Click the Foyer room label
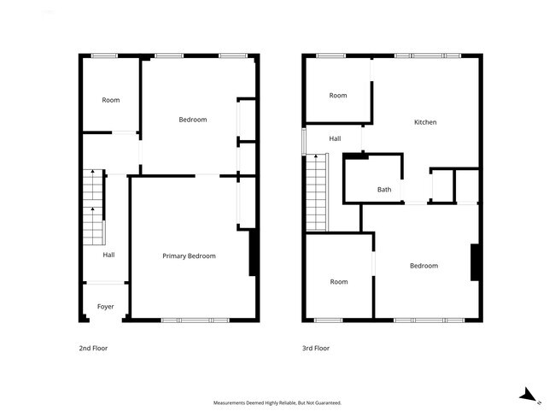pos(105,306)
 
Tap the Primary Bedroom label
pos(189,255)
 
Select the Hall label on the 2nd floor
pos(108,255)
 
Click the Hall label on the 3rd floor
pos(335,138)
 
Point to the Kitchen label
pos(425,122)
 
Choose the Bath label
pos(384,190)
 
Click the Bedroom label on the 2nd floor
pos(192,120)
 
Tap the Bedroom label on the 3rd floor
pos(424,266)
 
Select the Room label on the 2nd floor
pos(110,100)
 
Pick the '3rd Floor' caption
pos(315,349)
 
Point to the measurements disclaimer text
pos(277,402)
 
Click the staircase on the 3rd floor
pos(317,192)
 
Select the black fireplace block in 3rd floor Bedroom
pos(475,262)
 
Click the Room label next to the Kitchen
pos(338,95)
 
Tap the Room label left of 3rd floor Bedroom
pos(339,282)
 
